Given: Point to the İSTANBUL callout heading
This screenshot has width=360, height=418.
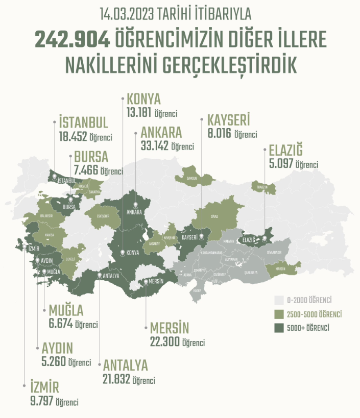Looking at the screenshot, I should pos(83,123).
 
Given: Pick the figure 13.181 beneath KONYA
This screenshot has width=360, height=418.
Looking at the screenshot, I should pos(139,112).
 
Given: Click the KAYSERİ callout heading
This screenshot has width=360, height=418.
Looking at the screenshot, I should pos(228,120).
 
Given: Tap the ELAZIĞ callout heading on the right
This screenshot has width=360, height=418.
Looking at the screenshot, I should pos(285,151).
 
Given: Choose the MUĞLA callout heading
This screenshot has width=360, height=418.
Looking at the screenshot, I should pos(66,310).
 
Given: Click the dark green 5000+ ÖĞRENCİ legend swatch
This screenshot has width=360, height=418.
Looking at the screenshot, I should pos(279,327).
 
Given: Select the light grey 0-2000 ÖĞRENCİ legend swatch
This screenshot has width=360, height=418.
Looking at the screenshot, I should pos(279,299).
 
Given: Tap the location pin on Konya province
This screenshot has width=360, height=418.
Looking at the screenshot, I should pos(122,253).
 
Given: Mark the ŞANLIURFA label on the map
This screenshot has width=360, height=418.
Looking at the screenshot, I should pos(250,273).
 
